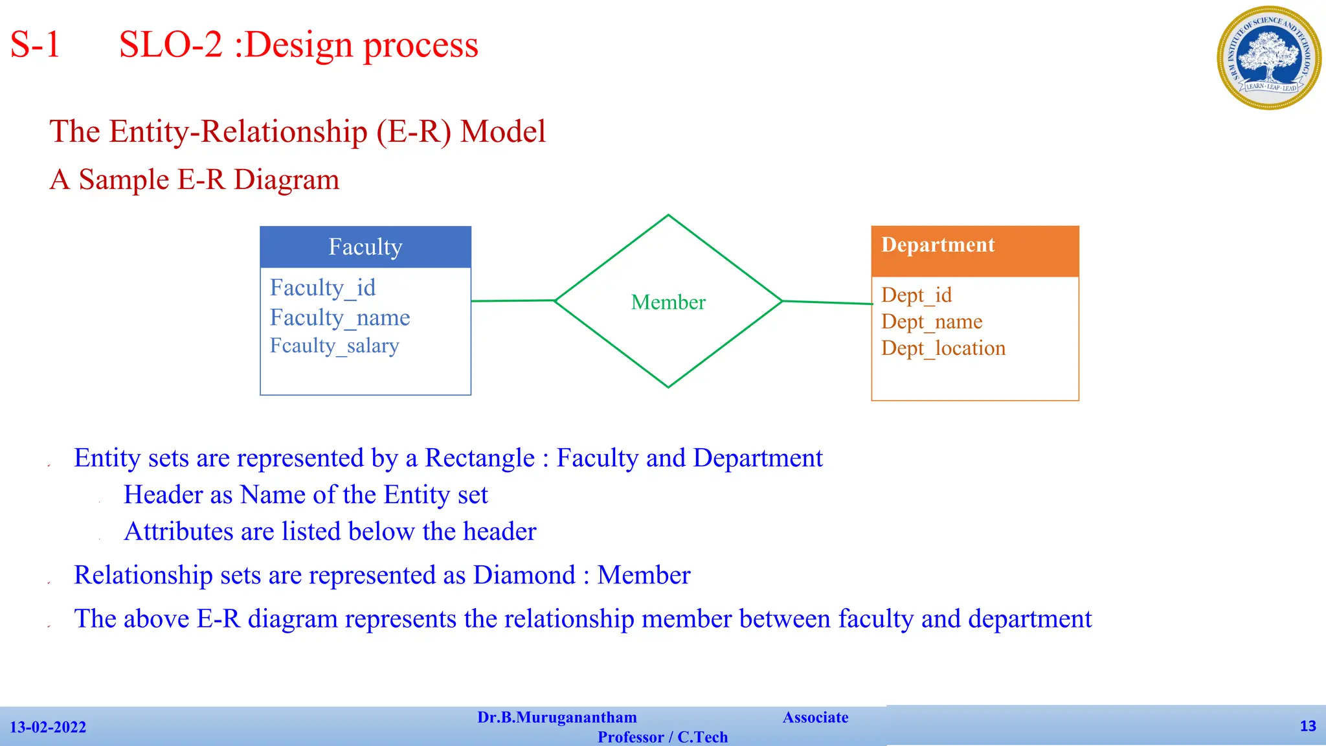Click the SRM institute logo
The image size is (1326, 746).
point(1268,58)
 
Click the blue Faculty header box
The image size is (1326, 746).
point(365,247)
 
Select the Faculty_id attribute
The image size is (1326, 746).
point(322,288)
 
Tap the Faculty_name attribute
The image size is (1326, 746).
point(340,317)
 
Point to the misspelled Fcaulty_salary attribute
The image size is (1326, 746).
point(334,346)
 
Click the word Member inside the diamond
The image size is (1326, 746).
point(668,302)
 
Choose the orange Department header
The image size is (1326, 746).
point(974,251)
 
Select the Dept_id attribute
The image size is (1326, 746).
point(916,295)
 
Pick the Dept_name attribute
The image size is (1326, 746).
point(932,322)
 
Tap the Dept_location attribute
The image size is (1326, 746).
point(943,348)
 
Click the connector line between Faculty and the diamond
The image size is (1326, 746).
point(513,300)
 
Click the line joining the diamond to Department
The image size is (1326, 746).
point(827,302)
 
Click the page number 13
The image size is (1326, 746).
point(1307,726)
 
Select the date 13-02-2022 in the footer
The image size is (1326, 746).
point(48,727)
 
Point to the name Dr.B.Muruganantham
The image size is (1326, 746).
point(557,718)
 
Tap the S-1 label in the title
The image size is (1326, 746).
point(35,45)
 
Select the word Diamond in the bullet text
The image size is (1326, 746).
point(524,575)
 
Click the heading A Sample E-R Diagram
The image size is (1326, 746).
point(194,179)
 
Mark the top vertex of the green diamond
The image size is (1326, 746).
point(668,216)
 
